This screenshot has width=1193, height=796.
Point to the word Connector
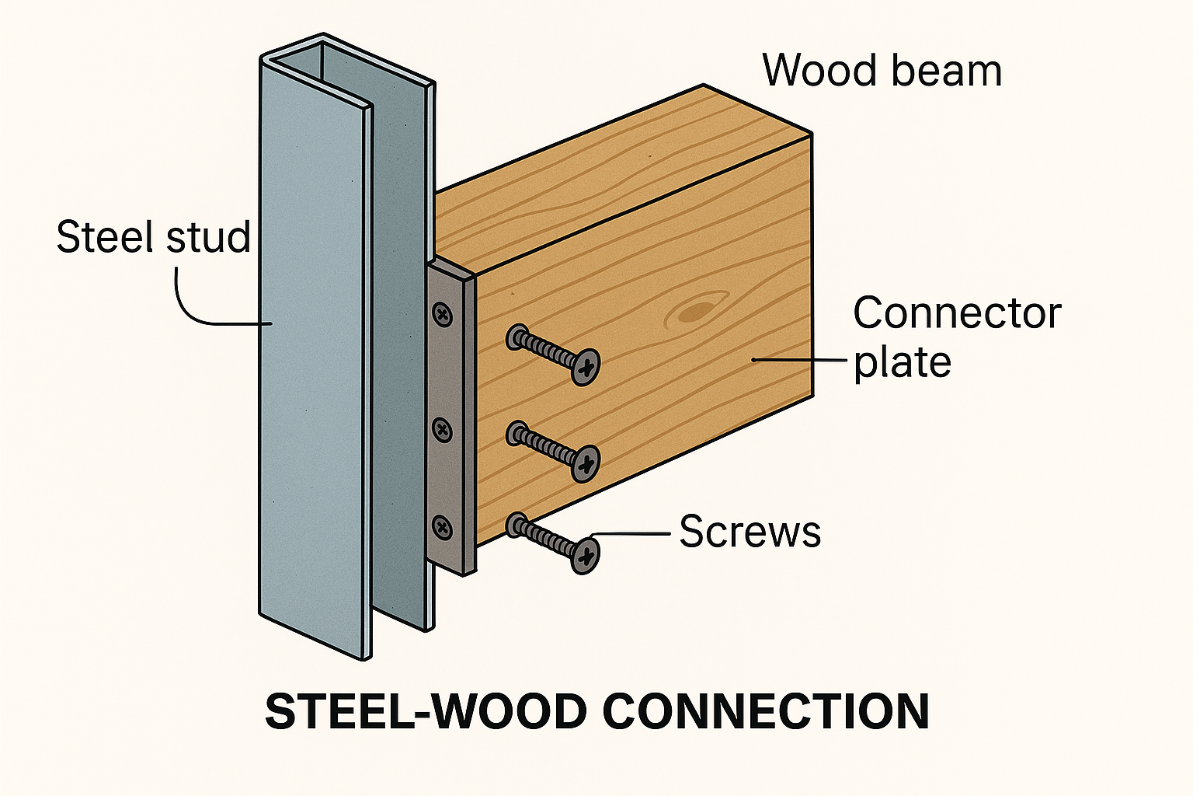click(957, 313)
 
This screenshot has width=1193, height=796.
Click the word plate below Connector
click(902, 362)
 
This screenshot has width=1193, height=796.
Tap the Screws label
click(750, 532)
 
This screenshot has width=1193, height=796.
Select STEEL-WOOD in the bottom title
click(426, 711)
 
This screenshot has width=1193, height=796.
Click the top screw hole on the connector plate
click(443, 315)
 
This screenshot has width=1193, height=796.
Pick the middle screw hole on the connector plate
click(442, 429)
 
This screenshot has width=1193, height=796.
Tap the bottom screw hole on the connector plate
click(442, 528)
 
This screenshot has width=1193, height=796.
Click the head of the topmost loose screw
click(586, 366)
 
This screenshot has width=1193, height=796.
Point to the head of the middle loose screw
click(586, 463)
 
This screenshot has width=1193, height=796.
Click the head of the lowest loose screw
click(585, 555)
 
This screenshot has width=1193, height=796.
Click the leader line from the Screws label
click(633, 534)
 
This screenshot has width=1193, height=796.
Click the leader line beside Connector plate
click(800, 360)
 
